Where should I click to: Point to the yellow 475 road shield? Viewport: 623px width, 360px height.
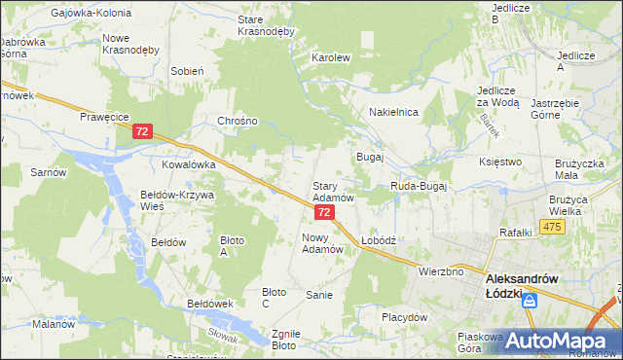tap(553, 227)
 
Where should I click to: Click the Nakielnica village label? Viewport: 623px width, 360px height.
tap(393, 113)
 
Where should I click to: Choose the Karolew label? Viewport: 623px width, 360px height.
tap(330, 57)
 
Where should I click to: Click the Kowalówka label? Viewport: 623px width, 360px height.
tap(188, 165)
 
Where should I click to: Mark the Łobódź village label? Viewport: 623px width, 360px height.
tap(377, 239)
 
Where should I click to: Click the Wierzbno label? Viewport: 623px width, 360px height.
tap(441, 271)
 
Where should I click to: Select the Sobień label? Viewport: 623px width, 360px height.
tap(187, 71)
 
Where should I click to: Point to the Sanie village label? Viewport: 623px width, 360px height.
tap(319, 295)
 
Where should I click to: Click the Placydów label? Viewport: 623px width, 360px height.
tap(405, 317)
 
